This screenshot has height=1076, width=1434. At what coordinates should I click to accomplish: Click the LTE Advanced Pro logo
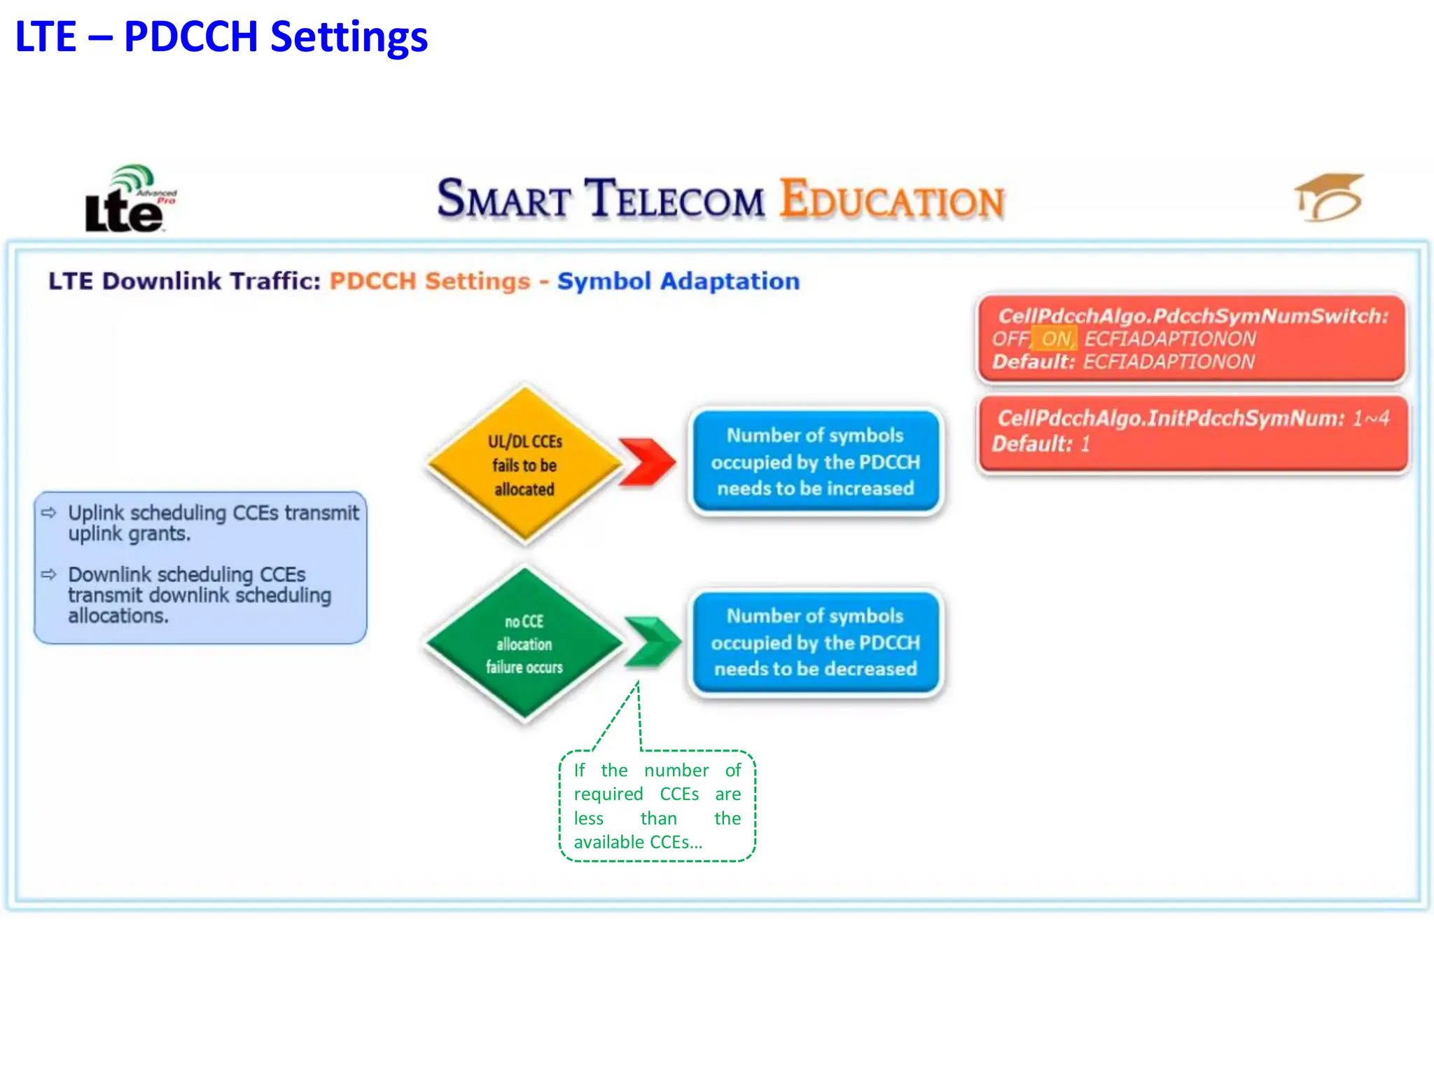130,200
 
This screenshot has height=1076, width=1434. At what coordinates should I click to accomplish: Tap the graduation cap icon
1329,198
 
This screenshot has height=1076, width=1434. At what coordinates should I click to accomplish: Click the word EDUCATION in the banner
892,200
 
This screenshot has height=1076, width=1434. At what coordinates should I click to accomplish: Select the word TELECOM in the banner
674,199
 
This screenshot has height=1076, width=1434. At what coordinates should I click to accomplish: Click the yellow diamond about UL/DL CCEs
524,464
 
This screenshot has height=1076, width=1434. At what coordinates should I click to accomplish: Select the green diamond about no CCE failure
524,644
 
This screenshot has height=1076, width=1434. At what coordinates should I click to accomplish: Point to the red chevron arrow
648,462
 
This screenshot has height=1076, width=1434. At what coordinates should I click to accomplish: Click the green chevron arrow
652,641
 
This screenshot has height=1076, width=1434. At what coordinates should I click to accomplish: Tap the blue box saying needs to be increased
816,462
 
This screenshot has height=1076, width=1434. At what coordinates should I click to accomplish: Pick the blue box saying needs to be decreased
816,642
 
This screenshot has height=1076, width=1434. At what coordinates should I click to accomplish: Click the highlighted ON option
1056,339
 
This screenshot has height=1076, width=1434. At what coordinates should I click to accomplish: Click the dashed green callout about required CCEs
657,806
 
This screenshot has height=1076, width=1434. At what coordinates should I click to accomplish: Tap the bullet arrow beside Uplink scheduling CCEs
48,513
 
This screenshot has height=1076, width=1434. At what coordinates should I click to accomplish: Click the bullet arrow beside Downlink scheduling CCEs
48,574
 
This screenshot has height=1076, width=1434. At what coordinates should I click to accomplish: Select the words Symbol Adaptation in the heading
678,281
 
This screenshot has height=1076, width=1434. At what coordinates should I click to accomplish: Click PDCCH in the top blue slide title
190,37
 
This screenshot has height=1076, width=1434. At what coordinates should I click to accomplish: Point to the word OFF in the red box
1010,339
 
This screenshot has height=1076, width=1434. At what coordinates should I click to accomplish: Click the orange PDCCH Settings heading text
429,281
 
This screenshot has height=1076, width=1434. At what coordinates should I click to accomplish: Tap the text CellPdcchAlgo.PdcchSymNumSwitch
1192,316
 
